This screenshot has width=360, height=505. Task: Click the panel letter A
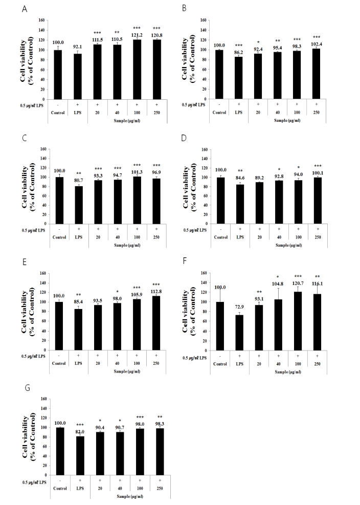pos(25,8)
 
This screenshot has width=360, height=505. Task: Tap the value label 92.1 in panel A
pos(78,47)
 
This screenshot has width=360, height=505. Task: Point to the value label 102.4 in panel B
pos(317,43)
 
